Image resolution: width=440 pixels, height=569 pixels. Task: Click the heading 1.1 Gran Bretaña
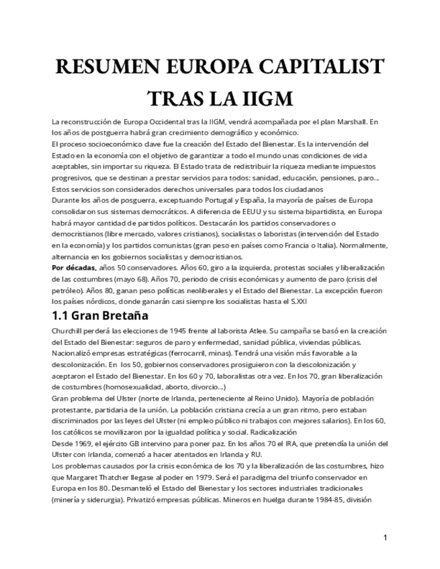point(100,315)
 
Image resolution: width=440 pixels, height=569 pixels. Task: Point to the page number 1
point(385,537)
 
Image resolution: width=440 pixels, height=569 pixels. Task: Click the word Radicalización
point(275,432)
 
